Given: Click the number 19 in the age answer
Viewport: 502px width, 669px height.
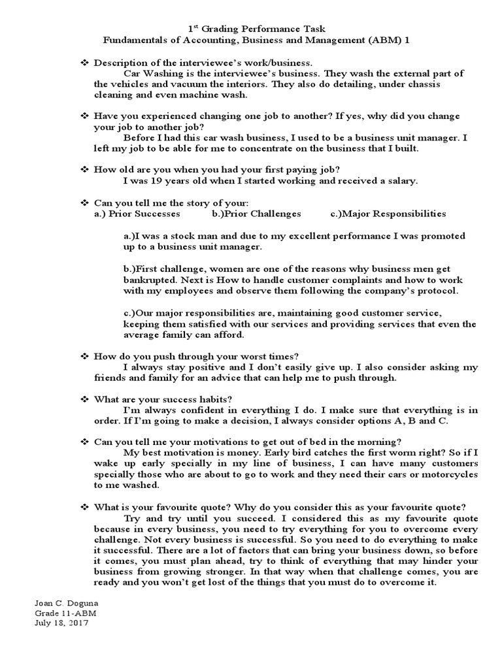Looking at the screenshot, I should [x=157, y=180].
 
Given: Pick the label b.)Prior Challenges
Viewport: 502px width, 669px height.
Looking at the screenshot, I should [x=257, y=213].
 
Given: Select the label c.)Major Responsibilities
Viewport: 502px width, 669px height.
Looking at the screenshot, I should [x=388, y=213].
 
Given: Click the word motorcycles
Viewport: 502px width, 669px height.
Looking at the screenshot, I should [x=449, y=474].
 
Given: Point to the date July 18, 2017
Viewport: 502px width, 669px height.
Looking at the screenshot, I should [x=60, y=623].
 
